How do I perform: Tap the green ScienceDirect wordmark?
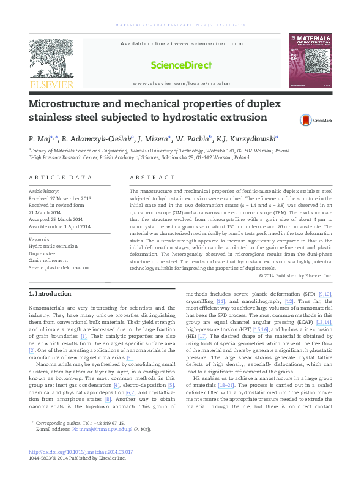(x=182, y=65)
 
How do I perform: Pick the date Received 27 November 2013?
(x=60, y=198)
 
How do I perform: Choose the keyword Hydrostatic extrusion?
(x=54, y=245)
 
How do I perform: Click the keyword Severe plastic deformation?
(x=59, y=267)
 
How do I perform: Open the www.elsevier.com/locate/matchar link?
(x=182, y=83)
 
